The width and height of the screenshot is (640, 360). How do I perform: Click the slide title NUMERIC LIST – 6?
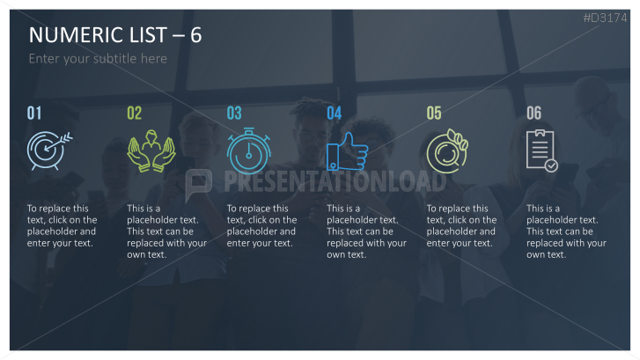[115, 35]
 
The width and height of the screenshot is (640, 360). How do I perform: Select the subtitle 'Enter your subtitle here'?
[98, 59]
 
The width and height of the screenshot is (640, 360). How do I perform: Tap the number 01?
[34, 113]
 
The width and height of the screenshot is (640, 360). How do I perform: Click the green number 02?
[135, 113]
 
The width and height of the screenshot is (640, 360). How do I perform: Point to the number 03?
[234, 113]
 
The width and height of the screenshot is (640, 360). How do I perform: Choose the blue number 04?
[335, 113]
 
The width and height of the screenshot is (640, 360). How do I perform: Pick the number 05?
[434, 113]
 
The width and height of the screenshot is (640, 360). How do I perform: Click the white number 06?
[533, 113]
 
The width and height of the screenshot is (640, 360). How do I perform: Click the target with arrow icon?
[49, 151]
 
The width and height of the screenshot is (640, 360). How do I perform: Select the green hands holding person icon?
[151, 151]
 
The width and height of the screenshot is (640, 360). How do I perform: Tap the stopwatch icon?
[248, 151]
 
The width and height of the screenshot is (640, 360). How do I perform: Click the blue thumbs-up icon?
[347, 151]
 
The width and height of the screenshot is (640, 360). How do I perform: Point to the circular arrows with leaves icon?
[447, 151]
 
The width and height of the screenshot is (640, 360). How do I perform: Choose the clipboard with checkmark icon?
[541, 151]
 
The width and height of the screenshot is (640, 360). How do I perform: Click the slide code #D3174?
[605, 18]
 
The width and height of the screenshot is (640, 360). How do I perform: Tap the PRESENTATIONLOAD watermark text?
[335, 181]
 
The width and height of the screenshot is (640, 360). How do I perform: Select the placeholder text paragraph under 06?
[566, 231]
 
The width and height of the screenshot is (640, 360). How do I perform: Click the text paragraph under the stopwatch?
[261, 225]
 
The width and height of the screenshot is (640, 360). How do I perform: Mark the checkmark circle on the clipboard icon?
[551, 165]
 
